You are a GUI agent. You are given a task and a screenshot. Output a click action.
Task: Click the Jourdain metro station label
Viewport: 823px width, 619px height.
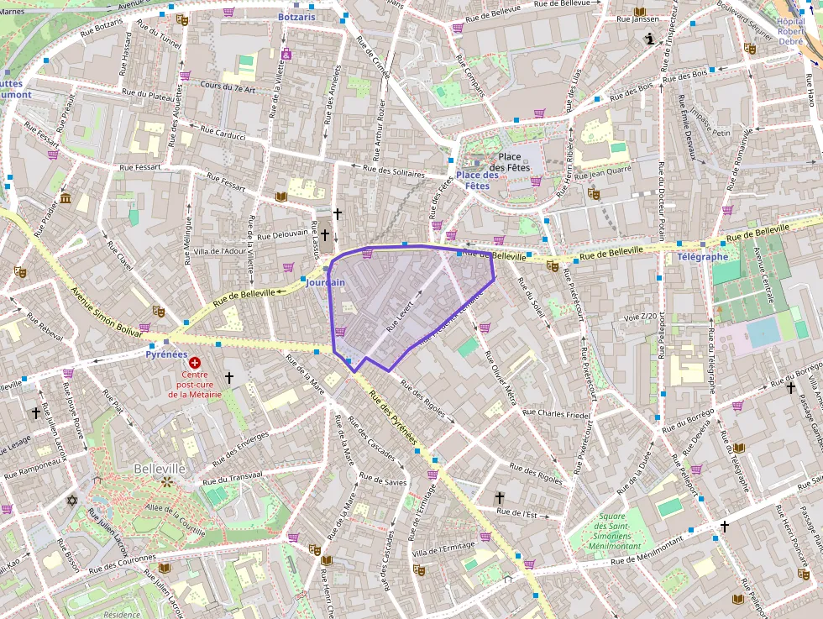326,283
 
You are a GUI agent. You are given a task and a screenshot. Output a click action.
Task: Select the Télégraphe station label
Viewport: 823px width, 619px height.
703,256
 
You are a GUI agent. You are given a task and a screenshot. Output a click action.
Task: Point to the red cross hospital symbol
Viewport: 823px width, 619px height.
195,362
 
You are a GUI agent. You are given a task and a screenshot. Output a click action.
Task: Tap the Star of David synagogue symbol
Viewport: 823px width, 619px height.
72,501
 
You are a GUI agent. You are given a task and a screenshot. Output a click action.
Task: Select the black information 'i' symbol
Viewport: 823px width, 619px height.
649,39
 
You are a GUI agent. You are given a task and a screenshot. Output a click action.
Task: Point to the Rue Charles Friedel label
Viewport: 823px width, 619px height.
556,413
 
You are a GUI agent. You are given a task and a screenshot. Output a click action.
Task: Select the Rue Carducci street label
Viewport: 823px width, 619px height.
223,132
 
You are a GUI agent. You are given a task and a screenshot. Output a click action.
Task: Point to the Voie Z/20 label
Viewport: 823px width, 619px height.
639,317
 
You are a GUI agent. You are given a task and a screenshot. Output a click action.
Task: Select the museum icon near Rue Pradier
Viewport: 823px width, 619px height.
66,198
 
